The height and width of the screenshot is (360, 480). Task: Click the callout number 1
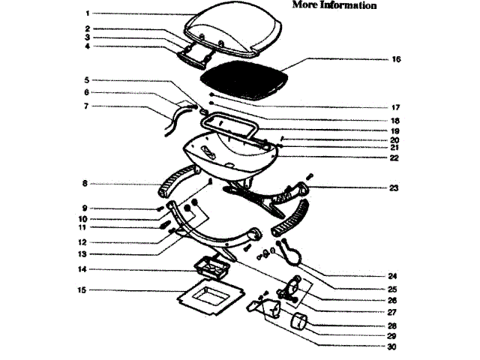87,13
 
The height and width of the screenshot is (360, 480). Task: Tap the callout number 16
396,58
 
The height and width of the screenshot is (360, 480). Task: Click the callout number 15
83,289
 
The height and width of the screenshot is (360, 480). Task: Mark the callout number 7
87,106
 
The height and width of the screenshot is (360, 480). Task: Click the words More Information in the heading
334,5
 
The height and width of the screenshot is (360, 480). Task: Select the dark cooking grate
243,79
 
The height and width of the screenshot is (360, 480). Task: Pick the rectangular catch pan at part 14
213,267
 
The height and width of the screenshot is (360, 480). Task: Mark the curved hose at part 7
174,118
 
